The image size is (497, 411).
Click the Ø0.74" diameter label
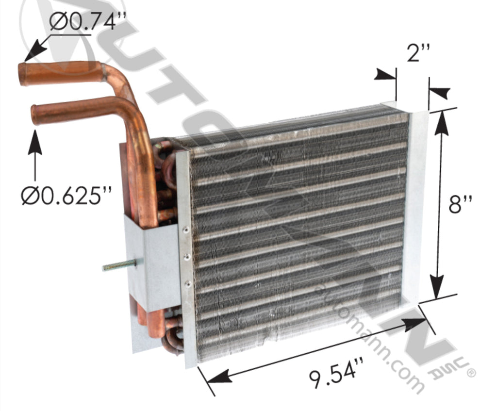[x=88, y=22]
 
